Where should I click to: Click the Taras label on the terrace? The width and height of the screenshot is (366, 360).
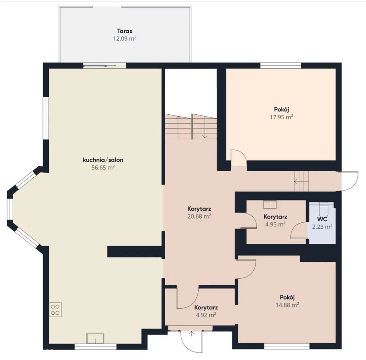click(x=125, y=31)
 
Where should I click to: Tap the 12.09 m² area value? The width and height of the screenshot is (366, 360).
click(x=125, y=39)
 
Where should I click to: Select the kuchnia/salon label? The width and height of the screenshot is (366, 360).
click(x=103, y=160)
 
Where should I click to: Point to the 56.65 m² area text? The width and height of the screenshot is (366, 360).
click(x=103, y=168)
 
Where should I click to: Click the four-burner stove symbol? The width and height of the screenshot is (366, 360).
click(x=55, y=310)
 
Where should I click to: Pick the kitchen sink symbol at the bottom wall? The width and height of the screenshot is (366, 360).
click(x=95, y=338)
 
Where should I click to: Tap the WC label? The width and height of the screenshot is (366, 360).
click(x=322, y=219)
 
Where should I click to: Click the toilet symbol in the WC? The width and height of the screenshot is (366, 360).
click(x=324, y=209)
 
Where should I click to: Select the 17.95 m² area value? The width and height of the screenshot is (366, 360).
click(x=282, y=117)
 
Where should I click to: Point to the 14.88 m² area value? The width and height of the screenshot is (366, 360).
click(x=287, y=305)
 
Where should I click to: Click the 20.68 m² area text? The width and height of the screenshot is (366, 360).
click(x=199, y=216)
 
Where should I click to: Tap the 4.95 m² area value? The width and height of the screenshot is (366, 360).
click(x=276, y=224)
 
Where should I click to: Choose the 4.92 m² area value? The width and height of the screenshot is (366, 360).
click(x=206, y=315)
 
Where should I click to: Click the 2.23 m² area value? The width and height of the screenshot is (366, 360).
click(x=322, y=226)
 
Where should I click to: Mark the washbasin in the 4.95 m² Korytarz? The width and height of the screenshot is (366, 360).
click(x=270, y=205)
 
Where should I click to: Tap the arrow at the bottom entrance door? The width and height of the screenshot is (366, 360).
click(x=191, y=333)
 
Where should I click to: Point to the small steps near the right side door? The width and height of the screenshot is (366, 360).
click(x=301, y=181)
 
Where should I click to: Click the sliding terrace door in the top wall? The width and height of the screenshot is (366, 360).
click(x=100, y=66)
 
